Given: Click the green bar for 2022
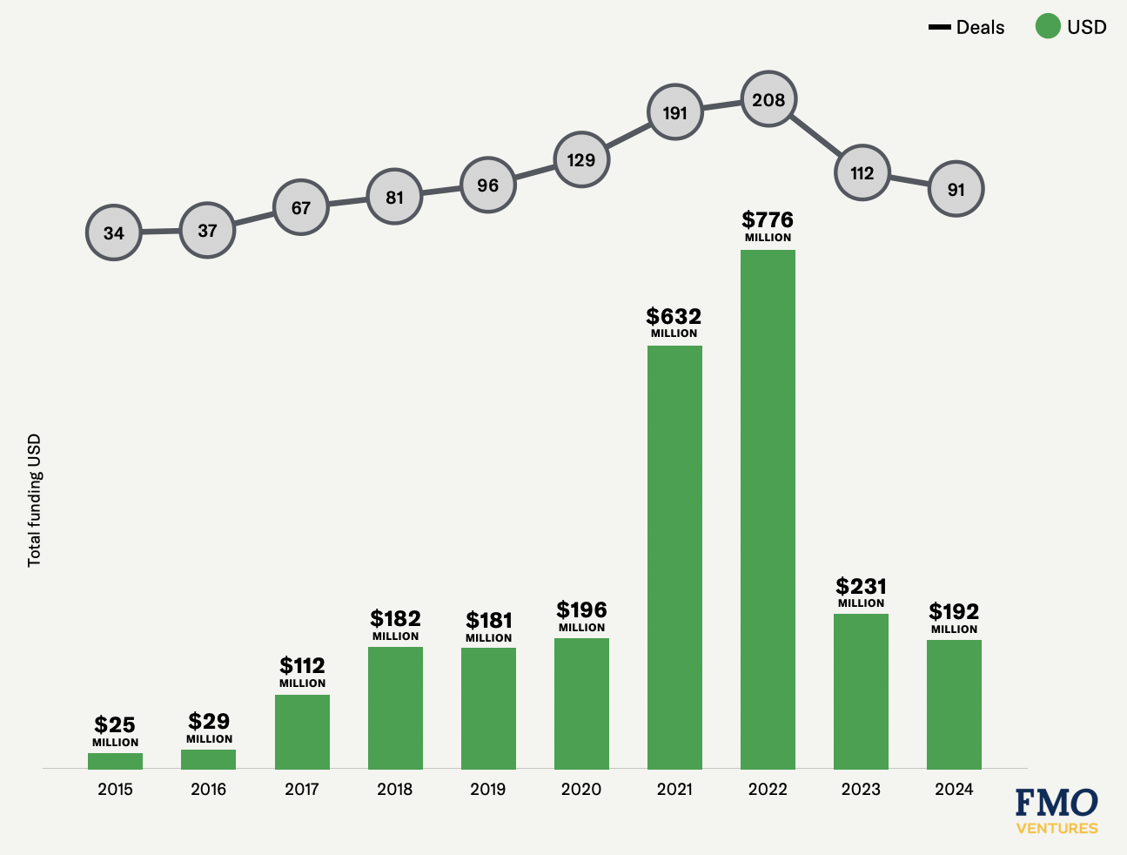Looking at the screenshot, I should coord(768,509).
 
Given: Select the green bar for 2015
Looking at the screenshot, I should coord(115,761).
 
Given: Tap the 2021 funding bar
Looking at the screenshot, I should coord(674,557).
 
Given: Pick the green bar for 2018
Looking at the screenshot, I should coord(395,708).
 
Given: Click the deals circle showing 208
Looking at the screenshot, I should coord(768,100).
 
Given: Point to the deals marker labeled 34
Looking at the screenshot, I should coord(114,233).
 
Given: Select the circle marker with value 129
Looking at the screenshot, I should coord(581,160).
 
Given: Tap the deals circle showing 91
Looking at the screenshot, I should coord(956,189).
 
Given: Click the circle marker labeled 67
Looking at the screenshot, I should coord(301,208).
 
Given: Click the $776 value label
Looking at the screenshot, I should coord(768,220).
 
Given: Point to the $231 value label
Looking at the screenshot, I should coord(861,587).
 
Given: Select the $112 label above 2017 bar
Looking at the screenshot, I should coord(302,666).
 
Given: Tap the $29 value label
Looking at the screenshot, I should coord(209,722).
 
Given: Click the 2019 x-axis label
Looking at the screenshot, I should coord(488,790).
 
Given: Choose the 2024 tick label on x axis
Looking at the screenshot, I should coord(954,790).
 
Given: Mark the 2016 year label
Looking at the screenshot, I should coord(208,790).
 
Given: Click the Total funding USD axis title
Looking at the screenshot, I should coord(35,501).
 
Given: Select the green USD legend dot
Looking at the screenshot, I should coord(1047,27).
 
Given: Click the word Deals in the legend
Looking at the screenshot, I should coord(980,28).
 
